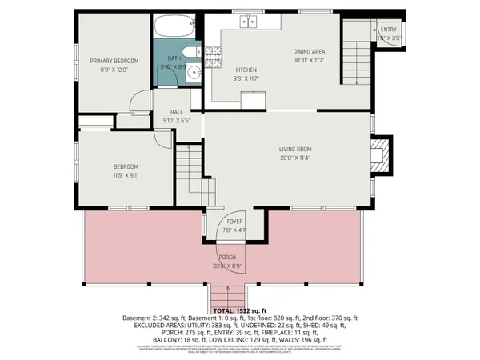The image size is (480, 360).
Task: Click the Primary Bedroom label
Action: [x=114, y=61]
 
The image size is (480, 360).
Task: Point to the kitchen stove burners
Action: [x=214, y=55]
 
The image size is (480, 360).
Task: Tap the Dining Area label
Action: [x=309, y=52]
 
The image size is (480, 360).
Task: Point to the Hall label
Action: [x=178, y=113]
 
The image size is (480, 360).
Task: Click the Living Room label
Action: [x=294, y=149]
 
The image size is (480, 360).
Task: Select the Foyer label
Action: [x=234, y=222]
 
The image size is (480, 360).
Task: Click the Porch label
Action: [x=238, y=258]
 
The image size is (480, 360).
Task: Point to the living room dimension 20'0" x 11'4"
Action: [x=294, y=158]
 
